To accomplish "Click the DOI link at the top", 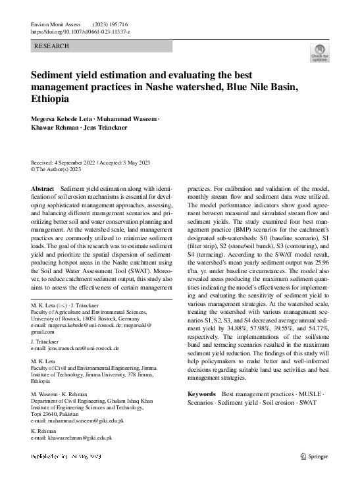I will [x=80, y=31].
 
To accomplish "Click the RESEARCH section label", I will [x=51, y=46].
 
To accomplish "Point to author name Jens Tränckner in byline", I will [x=105, y=127].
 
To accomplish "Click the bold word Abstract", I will [x=43, y=189].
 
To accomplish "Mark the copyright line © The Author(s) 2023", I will [x=57, y=169].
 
